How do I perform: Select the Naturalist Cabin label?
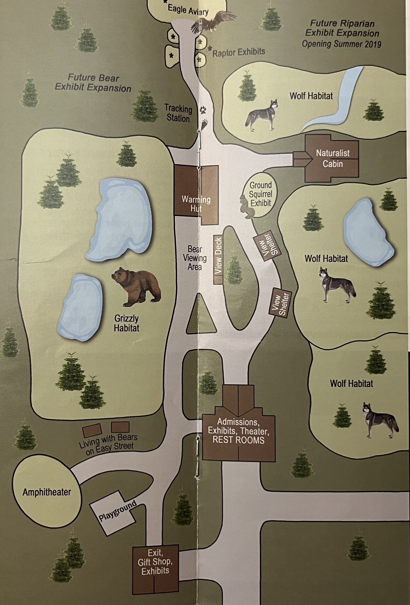pyautogui.click(x=332, y=159)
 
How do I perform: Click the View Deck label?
pyautogui.click(x=218, y=255)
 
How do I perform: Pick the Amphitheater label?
pyautogui.click(x=47, y=492)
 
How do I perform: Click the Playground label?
pyautogui.click(x=118, y=511)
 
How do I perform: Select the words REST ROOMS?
pyautogui.click(x=238, y=439)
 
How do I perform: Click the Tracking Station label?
pyautogui.click(x=178, y=113)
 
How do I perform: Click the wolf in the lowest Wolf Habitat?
pyautogui.click(x=379, y=420)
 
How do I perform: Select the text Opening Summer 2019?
pyautogui.click(x=341, y=44)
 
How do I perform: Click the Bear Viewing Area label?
pyautogui.click(x=195, y=258)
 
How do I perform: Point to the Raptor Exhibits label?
pyautogui.click(x=238, y=52)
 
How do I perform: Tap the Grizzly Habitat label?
pyautogui.click(x=126, y=323)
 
